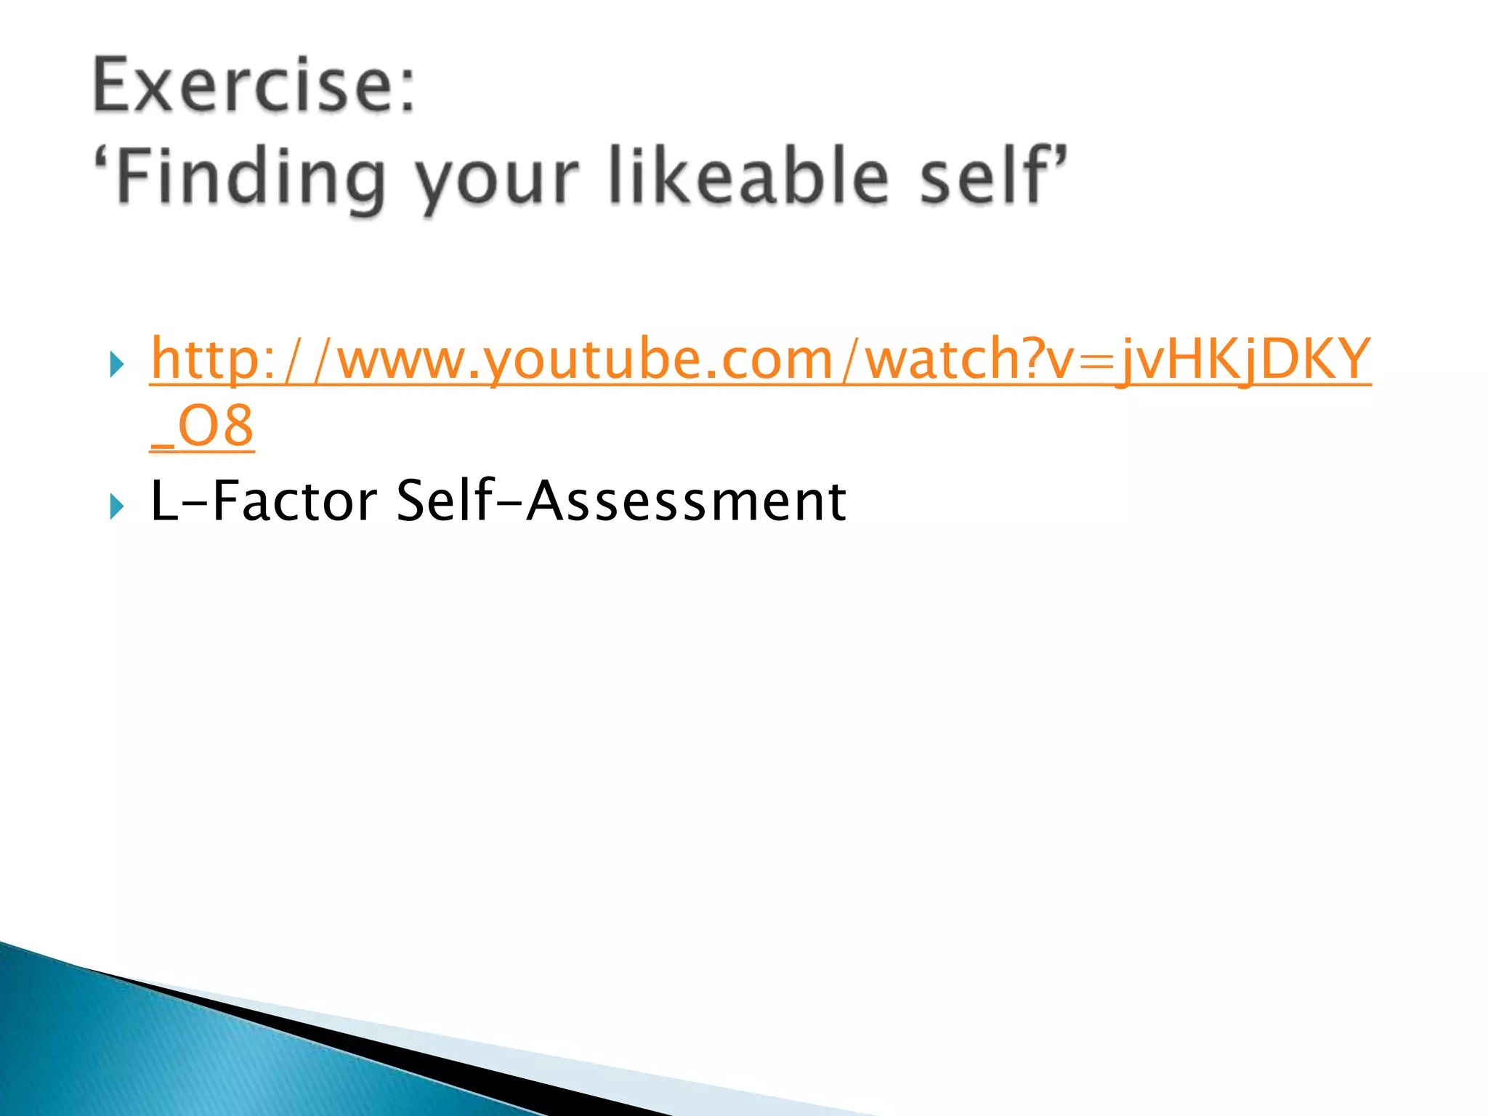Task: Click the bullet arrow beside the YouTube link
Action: coord(116,363)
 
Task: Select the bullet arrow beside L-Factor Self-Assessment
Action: coord(116,506)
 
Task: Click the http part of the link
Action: coord(204,359)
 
